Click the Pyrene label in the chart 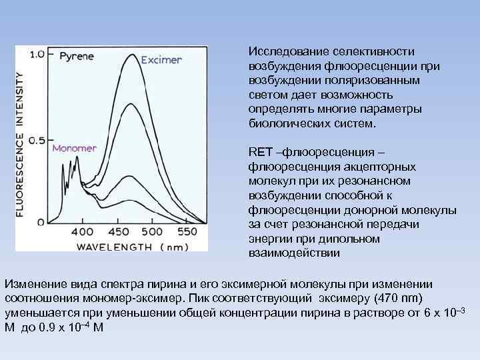[x=76, y=56]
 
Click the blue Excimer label [x=161, y=59]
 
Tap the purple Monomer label [x=74, y=147]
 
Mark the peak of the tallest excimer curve [x=141, y=68]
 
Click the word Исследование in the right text [x=287, y=51]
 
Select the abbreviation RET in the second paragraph [x=257, y=151]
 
